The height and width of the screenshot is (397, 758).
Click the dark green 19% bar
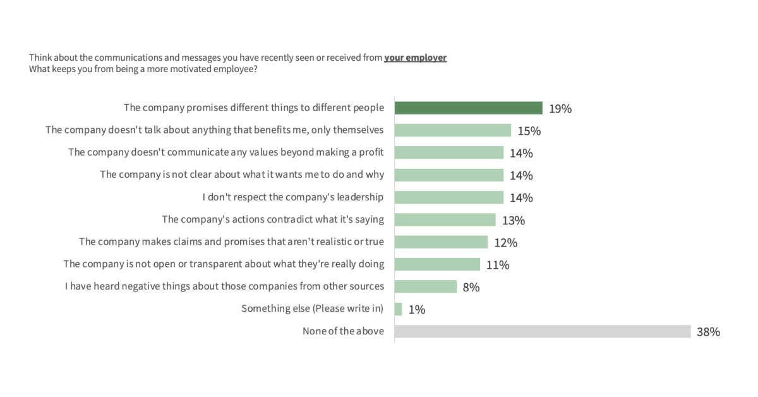click(468, 108)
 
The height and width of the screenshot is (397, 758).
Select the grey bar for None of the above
click(542, 331)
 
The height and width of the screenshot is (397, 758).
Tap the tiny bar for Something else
click(399, 309)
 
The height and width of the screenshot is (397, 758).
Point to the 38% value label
click(708, 332)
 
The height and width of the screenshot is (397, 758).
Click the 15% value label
click(529, 131)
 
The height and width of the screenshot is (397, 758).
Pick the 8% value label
click(471, 287)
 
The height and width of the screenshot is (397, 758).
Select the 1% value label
click(416, 310)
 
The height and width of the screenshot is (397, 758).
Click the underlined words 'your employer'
click(415, 58)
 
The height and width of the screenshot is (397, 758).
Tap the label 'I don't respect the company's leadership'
click(292, 197)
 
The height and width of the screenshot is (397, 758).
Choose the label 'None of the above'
click(343, 331)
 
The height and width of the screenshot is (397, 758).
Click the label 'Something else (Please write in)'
click(312, 308)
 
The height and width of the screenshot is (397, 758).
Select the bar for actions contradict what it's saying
click(445, 220)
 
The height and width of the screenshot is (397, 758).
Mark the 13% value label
click(514, 221)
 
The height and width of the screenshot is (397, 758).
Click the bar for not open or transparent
click(437, 264)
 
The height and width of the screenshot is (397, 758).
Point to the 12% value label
click(506, 243)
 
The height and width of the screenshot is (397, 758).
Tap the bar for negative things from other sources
click(426, 286)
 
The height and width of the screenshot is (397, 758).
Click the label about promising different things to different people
click(253, 108)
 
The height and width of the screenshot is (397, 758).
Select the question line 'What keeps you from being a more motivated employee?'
click(143, 70)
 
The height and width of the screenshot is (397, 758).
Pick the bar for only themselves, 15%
click(452, 130)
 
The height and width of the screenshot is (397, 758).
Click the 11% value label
click(498, 265)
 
